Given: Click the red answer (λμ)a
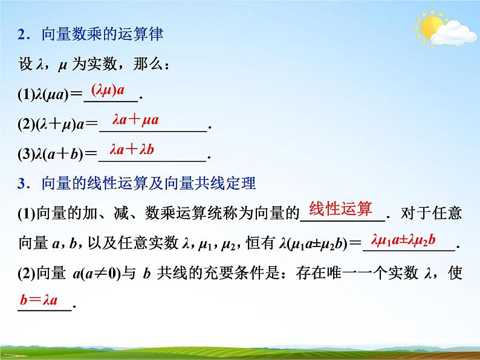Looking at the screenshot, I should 108,90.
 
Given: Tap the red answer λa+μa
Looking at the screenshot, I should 135,120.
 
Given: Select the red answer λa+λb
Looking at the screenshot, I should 132,149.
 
